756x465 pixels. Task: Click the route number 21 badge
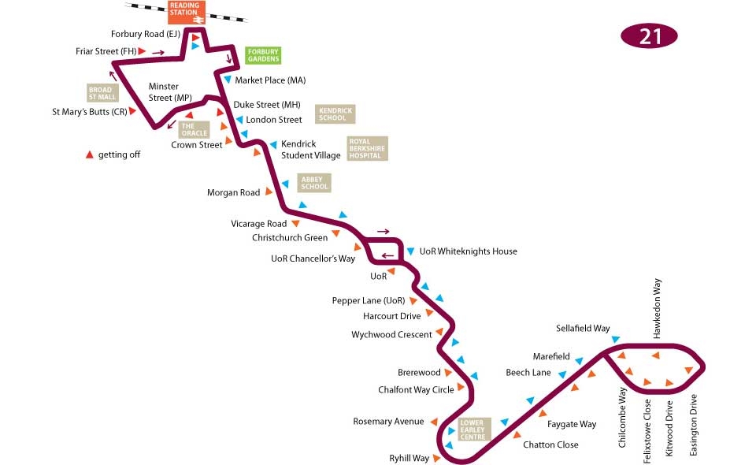(650, 36)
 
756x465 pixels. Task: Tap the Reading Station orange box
(184, 12)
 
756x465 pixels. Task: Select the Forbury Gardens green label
(263, 55)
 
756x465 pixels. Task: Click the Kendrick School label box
(335, 114)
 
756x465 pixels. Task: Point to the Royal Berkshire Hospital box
(368, 148)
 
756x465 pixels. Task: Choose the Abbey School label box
(314, 183)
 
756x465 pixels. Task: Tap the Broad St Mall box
(102, 93)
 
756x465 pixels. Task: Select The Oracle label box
(195, 129)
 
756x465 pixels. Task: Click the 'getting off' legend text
(119, 154)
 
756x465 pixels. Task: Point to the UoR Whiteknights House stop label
(468, 251)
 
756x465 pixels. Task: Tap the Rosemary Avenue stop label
(388, 422)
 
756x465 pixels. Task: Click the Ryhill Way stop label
(409, 458)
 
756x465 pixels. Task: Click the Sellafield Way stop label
(583, 328)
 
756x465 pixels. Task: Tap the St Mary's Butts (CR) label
(89, 112)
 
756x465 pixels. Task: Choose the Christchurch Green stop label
(290, 237)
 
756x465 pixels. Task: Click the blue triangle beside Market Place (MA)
(228, 80)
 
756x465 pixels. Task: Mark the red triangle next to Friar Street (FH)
(142, 51)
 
